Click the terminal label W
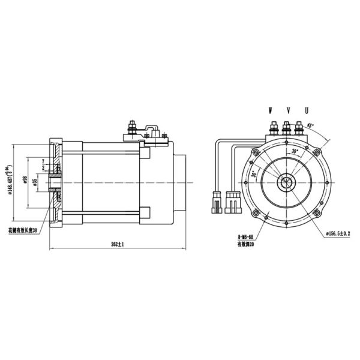271,111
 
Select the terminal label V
289,111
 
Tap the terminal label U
307,111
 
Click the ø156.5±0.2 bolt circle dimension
341,232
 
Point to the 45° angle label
310,125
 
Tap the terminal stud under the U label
299,127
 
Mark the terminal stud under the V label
287,127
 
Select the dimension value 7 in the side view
44,161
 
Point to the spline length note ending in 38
22,230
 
